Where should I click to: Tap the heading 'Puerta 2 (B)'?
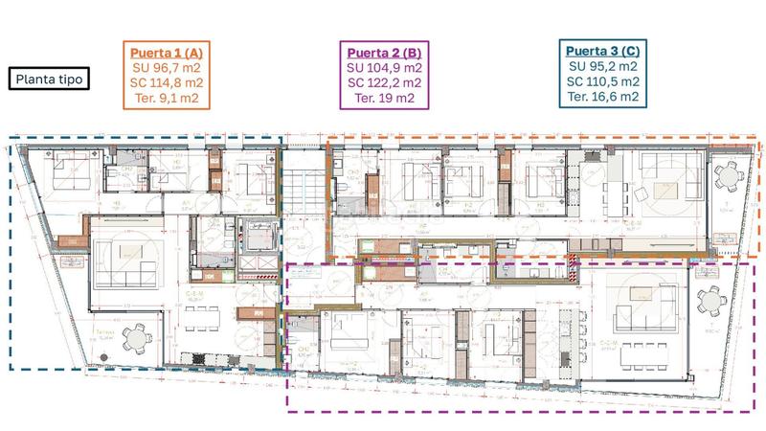click(382, 53)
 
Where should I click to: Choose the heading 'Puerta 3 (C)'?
click(603, 51)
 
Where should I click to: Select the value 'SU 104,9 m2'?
click(382, 68)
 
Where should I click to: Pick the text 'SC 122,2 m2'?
click(382, 82)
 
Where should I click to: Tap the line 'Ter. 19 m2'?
click(382, 97)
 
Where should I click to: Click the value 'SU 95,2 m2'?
click(603, 67)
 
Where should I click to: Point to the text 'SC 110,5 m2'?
click(603, 81)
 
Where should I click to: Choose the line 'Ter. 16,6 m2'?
click(603, 96)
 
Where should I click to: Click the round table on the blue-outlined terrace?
click(140, 338)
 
